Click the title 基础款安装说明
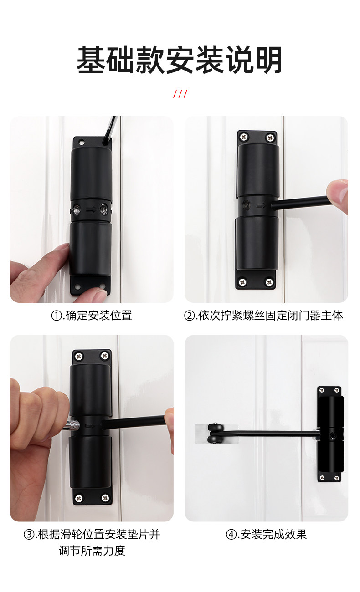pos(180,60)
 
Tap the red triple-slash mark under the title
pos(180,94)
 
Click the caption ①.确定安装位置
pos(92,315)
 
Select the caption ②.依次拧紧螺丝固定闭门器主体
pos(263,315)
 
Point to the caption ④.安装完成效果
pos(266,534)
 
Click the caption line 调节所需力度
pos(92,551)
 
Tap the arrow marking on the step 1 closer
pos(91,209)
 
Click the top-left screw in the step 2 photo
pos(244,137)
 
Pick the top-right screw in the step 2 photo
pos(270,138)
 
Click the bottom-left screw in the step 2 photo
pos(242,282)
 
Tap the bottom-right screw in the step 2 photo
pos(269,282)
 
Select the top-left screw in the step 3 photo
pos(79,357)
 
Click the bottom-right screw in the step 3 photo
pos(105,498)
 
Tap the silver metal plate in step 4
pos(217,434)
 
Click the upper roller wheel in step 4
pos(215,428)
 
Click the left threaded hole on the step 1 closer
pos(77,209)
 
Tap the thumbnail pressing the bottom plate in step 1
pos(102,293)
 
